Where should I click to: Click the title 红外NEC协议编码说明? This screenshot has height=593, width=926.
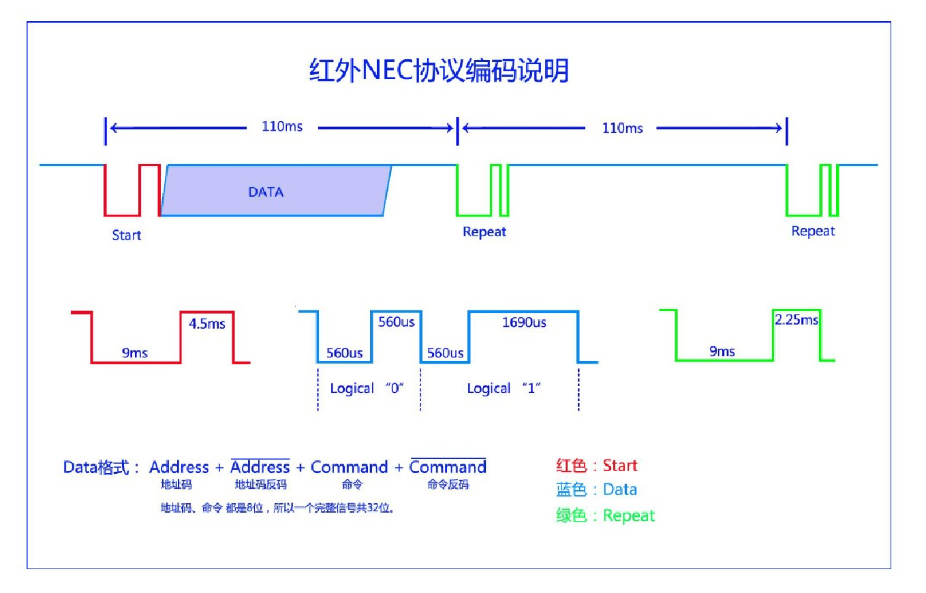point(439,71)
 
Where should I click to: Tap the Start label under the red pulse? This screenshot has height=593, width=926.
point(127,235)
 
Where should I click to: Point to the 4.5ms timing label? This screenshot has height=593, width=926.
point(207,323)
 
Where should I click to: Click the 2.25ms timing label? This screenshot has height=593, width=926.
point(797,319)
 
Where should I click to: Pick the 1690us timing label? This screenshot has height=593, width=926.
point(524,323)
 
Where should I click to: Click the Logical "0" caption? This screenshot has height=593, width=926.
point(367,388)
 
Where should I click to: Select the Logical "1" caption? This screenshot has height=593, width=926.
point(504,388)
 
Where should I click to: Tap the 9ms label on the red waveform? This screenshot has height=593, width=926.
point(135,353)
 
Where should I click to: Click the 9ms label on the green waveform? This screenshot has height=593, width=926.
point(722,351)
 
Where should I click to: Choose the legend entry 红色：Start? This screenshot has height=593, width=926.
point(597,466)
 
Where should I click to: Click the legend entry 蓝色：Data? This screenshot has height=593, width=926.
point(597,490)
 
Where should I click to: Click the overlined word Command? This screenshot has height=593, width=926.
point(448,467)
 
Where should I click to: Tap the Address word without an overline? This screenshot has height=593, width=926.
point(179,467)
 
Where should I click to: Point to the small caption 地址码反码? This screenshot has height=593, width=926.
point(261,485)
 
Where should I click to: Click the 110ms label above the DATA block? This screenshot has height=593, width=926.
point(282,127)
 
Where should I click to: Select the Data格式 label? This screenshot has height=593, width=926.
point(102,467)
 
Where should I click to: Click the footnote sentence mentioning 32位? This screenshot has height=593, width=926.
point(277,508)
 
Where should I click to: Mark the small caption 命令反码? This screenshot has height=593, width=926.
point(448,485)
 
